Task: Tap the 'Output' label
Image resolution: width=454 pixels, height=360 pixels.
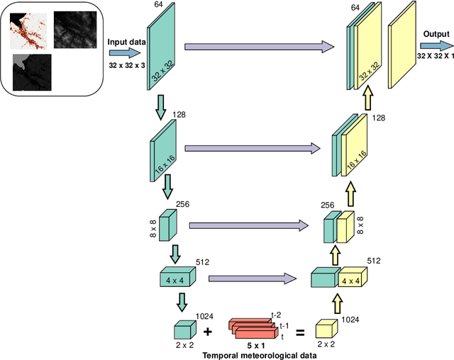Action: coord(437,34)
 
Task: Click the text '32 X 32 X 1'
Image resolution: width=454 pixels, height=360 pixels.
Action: coord(435,56)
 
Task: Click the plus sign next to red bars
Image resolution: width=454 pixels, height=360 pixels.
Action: coord(209,332)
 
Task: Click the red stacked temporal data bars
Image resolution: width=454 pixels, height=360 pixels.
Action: coord(252,327)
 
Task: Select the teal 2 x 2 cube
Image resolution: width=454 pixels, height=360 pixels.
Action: coord(184,330)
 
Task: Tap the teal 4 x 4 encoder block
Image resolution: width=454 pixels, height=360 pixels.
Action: coord(177,279)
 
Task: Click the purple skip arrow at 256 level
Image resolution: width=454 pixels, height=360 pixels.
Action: coord(248,225)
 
